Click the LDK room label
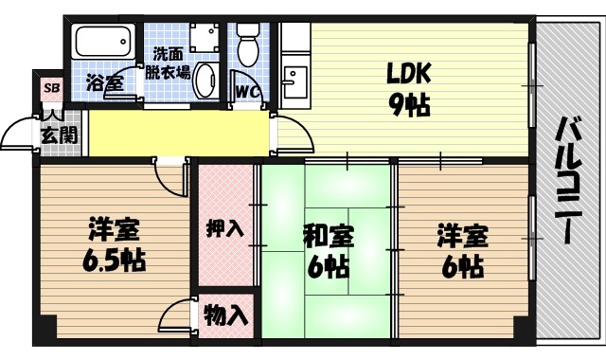408,73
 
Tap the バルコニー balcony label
568,180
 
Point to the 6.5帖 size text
115,259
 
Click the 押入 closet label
225,228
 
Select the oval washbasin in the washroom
205,82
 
